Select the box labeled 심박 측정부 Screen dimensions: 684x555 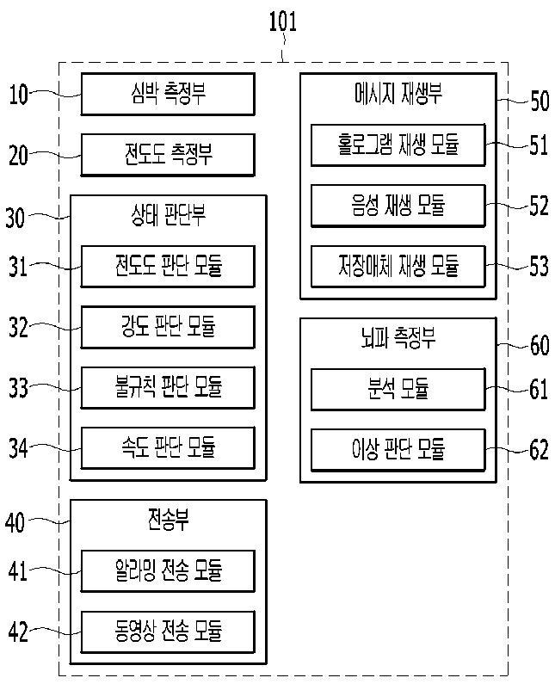click(x=168, y=94)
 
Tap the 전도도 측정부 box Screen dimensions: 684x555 click(x=168, y=155)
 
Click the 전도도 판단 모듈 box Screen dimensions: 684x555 click(x=168, y=266)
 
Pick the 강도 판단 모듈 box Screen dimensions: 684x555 click(x=168, y=326)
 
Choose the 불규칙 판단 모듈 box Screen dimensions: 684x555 click(x=168, y=387)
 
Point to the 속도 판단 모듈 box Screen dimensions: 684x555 click(x=168, y=447)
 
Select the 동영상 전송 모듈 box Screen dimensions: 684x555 click(x=168, y=632)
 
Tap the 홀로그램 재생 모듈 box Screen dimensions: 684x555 click(x=398, y=145)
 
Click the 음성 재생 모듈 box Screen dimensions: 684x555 click(x=398, y=205)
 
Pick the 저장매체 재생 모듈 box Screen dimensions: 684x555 click(x=398, y=266)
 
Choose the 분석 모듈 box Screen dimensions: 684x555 click(x=398, y=389)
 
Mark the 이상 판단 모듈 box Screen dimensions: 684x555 click(x=398, y=449)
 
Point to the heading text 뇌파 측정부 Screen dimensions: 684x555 click(x=398, y=339)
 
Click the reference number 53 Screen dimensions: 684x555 click(x=539, y=266)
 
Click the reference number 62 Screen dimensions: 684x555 click(x=539, y=450)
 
